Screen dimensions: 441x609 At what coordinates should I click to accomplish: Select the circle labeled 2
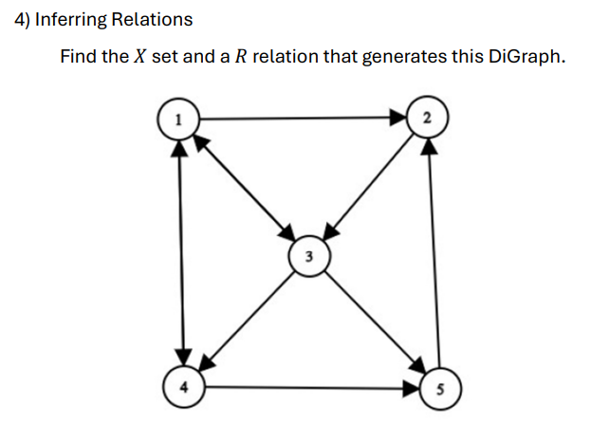pyautogui.click(x=428, y=119)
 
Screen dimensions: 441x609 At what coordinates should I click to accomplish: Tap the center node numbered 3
pyautogui.click(x=308, y=255)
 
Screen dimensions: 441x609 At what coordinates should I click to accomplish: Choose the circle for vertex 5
pyautogui.click(x=437, y=388)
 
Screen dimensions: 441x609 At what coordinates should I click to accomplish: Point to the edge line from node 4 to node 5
pyautogui.click(x=308, y=387)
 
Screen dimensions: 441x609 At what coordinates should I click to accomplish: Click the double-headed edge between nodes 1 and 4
pyautogui.click(x=178, y=251)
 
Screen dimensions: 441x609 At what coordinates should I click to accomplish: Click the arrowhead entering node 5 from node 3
pyautogui.click(x=416, y=367)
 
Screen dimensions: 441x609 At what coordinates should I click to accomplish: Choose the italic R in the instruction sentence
pyautogui.click(x=242, y=56)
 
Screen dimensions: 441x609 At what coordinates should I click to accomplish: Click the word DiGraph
pyautogui.click(x=526, y=56)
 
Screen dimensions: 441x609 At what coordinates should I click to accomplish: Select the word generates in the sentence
pyautogui.click(x=405, y=56)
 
